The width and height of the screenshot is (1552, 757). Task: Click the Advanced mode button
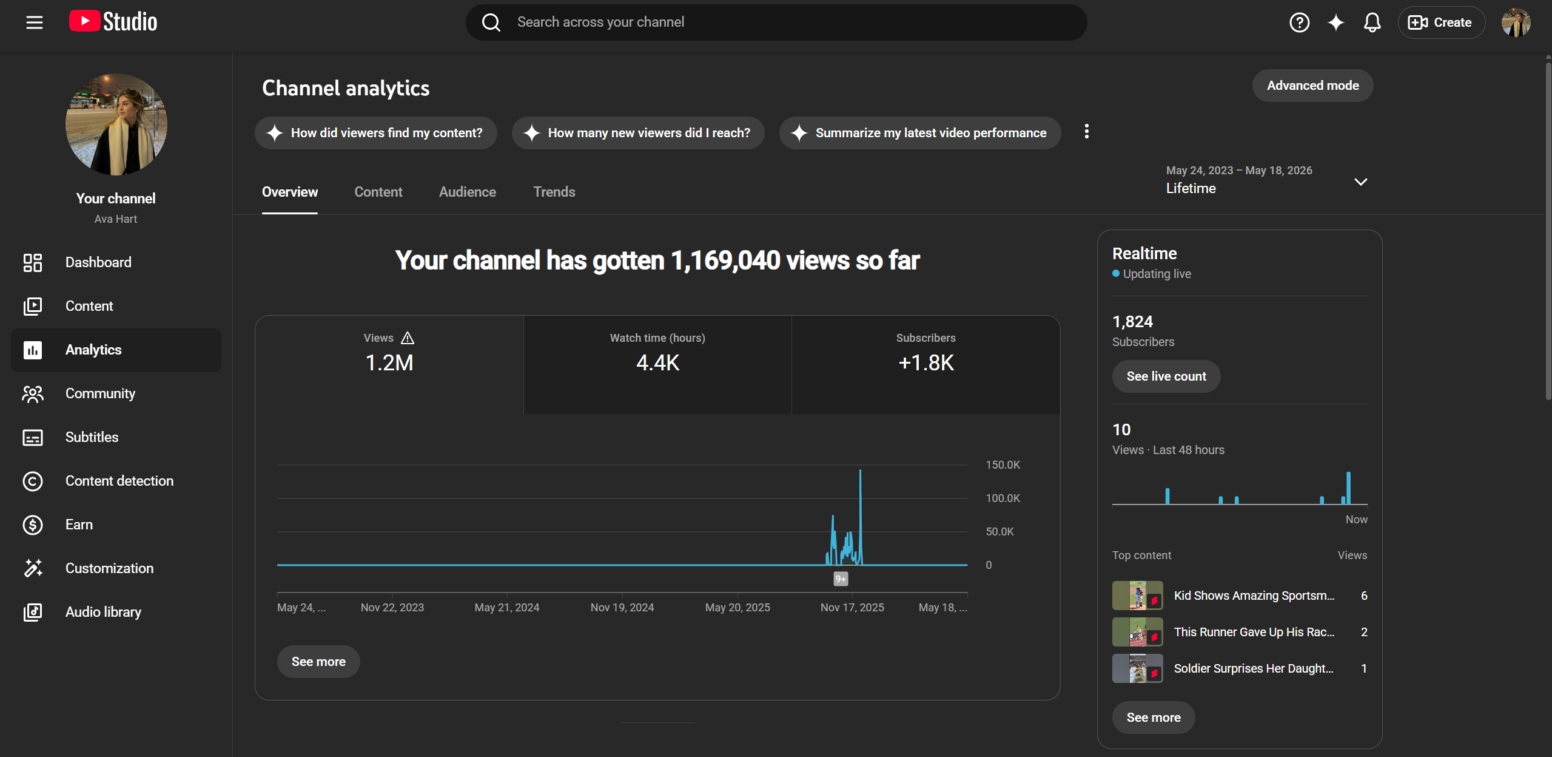[x=1312, y=86]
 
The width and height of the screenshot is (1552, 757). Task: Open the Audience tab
[x=467, y=192]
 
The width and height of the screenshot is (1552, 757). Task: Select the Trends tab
[x=554, y=192]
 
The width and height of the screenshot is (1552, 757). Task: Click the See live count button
[x=1166, y=376]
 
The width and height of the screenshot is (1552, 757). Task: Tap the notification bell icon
[x=1372, y=22]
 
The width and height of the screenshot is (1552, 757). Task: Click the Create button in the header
[x=1441, y=22]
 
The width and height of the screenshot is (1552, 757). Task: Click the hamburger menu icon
[x=35, y=22]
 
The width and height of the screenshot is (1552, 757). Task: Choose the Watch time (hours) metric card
[x=657, y=365]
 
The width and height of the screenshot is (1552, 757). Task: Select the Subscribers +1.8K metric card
[x=926, y=365]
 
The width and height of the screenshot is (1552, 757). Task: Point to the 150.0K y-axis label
[x=1003, y=465]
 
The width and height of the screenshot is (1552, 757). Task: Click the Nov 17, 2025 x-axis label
[x=852, y=608]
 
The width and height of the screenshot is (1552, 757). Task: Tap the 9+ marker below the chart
[x=841, y=579]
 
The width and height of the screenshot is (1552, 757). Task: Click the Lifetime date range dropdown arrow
[x=1360, y=182]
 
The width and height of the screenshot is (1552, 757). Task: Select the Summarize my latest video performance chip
[x=919, y=133]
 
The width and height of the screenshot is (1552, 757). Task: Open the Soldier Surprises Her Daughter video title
[x=1254, y=668]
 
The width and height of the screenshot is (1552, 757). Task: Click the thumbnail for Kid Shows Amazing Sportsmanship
[x=1137, y=596]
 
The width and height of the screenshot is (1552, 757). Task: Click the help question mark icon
[x=1299, y=22]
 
